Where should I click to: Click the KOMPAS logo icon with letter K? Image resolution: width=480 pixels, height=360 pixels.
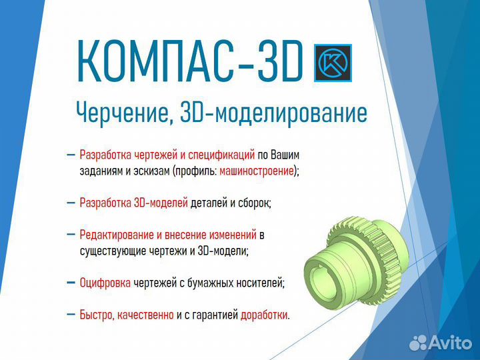(x=333, y=63)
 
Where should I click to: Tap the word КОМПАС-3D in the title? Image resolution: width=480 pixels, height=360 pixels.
(x=190, y=61)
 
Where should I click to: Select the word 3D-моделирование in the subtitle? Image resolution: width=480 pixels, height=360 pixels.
(x=274, y=113)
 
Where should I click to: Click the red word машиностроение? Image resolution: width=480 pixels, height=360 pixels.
(x=257, y=171)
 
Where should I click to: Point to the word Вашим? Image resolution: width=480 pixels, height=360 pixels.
(x=285, y=155)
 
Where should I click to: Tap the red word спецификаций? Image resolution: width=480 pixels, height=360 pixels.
(x=221, y=155)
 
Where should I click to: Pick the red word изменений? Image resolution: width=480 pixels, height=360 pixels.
(x=233, y=235)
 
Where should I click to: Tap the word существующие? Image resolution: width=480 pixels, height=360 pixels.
(x=113, y=251)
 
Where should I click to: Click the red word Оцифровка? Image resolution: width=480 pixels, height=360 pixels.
(x=105, y=283)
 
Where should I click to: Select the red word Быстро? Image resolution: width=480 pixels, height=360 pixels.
(x=97, y=315)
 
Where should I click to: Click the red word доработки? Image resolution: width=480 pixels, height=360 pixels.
(x=264, y=315)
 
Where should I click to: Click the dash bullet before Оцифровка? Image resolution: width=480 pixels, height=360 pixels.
(x=71, y=283)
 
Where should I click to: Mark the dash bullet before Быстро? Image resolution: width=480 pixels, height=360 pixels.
(x=71, y=315)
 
